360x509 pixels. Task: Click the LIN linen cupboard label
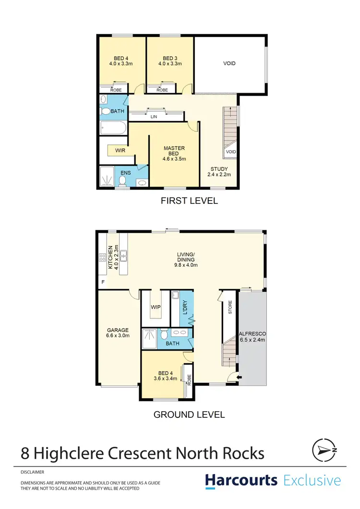(x=154, y=117)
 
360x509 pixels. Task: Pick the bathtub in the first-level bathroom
(x=113, y=128)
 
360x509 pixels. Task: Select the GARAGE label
(x=118, y=330)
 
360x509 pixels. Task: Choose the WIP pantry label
(x=155, y=306)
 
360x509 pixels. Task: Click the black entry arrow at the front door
(x=240, y=377)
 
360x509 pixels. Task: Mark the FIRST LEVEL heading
(x=189, y=201)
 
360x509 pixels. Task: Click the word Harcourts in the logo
(x=241, y=480)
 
